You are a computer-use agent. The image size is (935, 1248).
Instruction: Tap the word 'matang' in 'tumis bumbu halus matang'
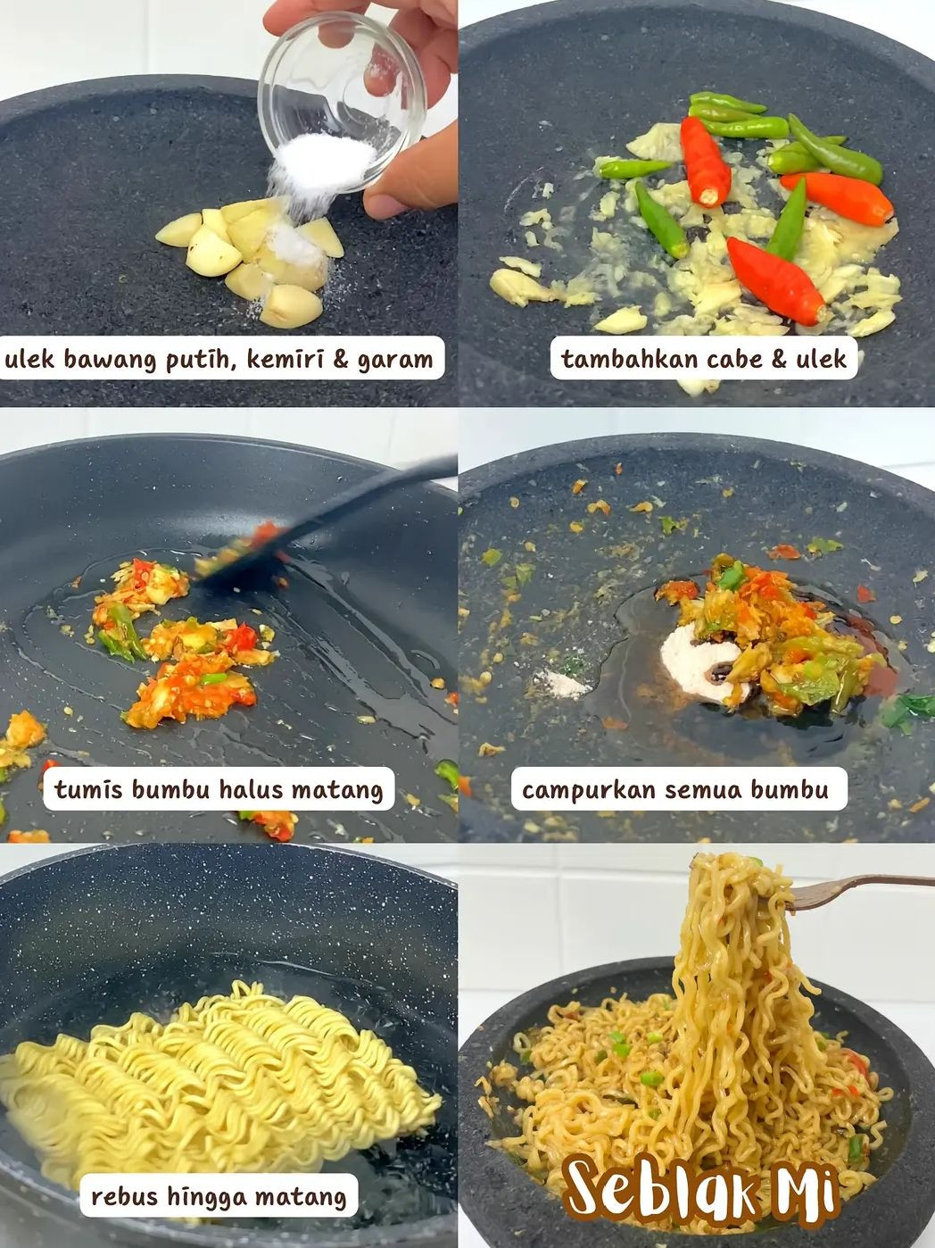[339, 790]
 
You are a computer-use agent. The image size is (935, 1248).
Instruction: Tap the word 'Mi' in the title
[807, 1187]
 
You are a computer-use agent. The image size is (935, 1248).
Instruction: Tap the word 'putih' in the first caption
[196, 360]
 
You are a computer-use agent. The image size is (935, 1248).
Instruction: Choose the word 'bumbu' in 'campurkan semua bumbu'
[789, 790]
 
